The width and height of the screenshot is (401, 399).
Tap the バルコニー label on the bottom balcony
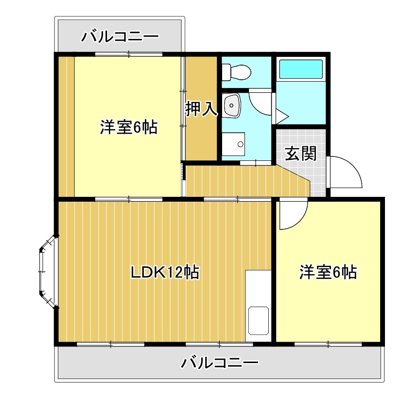(x=220, y=363)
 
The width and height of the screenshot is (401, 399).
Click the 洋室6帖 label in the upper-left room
(x=128, y=127)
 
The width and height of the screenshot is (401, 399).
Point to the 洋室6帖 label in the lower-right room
(x=328, y=272)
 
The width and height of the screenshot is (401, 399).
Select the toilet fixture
(x=235, y=73)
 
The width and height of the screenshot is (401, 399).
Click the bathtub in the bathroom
(x=300, y=69)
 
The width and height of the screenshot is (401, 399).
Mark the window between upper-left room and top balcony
(x=128, y=54)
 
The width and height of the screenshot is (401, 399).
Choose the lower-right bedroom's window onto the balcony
(x=328, y=345)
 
